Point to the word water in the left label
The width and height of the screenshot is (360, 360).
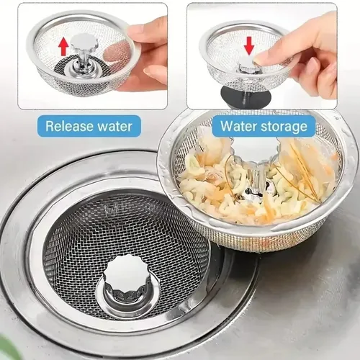(112, 126)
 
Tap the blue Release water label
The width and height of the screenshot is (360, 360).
(89, 126)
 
